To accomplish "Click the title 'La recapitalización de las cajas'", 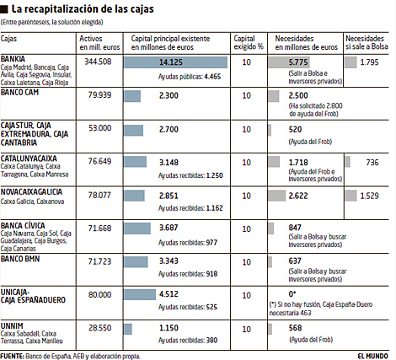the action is coord(83,9).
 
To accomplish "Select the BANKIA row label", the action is coord(13,59).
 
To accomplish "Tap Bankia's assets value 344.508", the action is coord(98,62).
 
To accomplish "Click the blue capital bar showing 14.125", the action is coord(175,62).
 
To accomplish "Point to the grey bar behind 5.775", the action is coord(289,62).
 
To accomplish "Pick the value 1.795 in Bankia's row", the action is coord(369,62).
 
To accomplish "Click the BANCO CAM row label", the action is coord(19,92).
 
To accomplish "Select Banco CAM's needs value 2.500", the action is coord(298,95).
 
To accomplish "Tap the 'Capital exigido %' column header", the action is coord(249,43).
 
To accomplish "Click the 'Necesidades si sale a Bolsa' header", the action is coord(367,43).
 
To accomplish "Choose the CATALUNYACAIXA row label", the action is coord(29,159).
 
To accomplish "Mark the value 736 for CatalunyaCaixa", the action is coord(372,163).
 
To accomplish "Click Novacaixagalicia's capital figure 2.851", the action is coord(169,196).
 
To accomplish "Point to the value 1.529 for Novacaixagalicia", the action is coord(369,196).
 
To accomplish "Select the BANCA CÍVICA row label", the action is coord(23,226).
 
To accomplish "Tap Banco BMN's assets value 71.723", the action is coord(99,261).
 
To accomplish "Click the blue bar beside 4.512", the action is coord(140,294).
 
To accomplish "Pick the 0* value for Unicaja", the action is coord(292,294).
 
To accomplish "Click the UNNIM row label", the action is coord(12,326).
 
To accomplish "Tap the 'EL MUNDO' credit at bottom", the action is coord(372,356).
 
